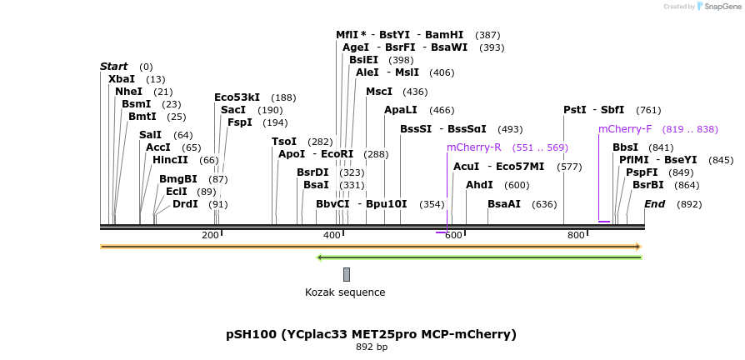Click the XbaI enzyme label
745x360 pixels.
point(121,78)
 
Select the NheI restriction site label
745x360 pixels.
point(128,92)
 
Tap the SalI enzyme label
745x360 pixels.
point(150,134)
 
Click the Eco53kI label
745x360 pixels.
point(237,97)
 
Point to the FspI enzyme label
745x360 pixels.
point(239,122)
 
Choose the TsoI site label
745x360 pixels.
point(283,142)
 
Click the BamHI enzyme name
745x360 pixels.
point(443,35)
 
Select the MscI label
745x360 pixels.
point(378,92)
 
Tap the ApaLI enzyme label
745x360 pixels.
point(400,110)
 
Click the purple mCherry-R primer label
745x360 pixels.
point(473,147)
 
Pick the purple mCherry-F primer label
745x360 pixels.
point(624,129)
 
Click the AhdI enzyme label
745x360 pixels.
point(479,185)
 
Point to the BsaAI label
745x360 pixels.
point(504,204)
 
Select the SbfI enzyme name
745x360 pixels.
point(612,110)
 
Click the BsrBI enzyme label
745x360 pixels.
point(647,185)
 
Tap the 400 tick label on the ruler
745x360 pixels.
point(332,236)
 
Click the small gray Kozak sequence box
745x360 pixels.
point(346,274)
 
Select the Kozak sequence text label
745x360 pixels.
point(345,292)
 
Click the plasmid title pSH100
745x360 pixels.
point(371,334)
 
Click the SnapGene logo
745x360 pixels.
point(714,7)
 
